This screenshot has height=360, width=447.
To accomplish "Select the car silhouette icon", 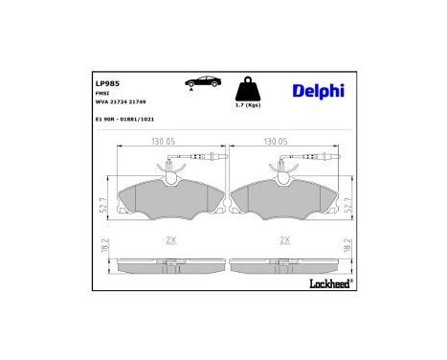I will click(197, 83).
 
